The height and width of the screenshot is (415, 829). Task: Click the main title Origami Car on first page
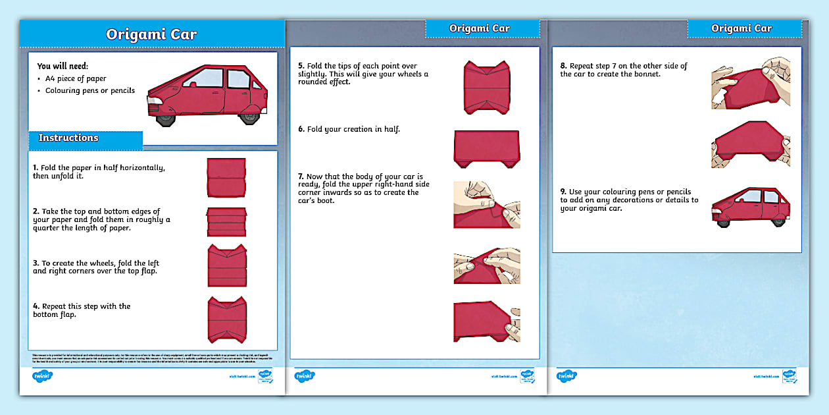151,35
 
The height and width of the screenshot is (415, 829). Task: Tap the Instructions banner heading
68,138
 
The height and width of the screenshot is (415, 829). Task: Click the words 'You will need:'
63,66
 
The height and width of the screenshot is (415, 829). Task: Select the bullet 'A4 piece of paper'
76,78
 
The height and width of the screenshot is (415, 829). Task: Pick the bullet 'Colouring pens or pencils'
89,91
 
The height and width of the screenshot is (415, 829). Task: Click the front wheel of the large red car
165,119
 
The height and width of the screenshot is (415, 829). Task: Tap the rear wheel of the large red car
249,118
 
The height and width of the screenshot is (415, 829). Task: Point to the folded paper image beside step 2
226,221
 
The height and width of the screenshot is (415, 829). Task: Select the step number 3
36,263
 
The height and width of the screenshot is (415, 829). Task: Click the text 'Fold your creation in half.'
353,130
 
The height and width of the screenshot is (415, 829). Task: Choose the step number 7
301,177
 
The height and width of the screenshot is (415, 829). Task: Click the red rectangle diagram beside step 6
487,148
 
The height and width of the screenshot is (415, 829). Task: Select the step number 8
563,66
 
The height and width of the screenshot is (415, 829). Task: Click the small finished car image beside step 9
750,207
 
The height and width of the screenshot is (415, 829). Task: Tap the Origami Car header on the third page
741,28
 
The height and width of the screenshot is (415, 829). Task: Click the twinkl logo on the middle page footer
305,376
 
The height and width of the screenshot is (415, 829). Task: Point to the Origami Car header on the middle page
479,28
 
